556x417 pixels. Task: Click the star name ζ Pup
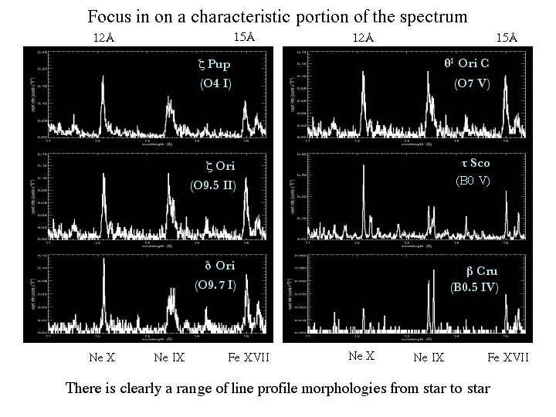(214, 65)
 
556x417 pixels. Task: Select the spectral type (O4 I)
(215, 83)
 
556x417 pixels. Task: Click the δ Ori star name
(219, 266)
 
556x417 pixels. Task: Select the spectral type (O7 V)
(471, 83)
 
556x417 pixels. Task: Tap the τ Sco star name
(475, 164)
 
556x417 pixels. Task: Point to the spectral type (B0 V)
(473, 182)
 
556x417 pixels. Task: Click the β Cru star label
(482, 271)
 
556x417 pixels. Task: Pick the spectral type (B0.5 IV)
(474, 288)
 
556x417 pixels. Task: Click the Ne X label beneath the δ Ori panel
(103, 357)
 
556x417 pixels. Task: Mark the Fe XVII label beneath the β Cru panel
(508, 357)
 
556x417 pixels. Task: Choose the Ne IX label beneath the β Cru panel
(429, 357)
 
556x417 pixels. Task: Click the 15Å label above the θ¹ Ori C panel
(506, 37)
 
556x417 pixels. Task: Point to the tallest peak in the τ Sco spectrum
(358, 176)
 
